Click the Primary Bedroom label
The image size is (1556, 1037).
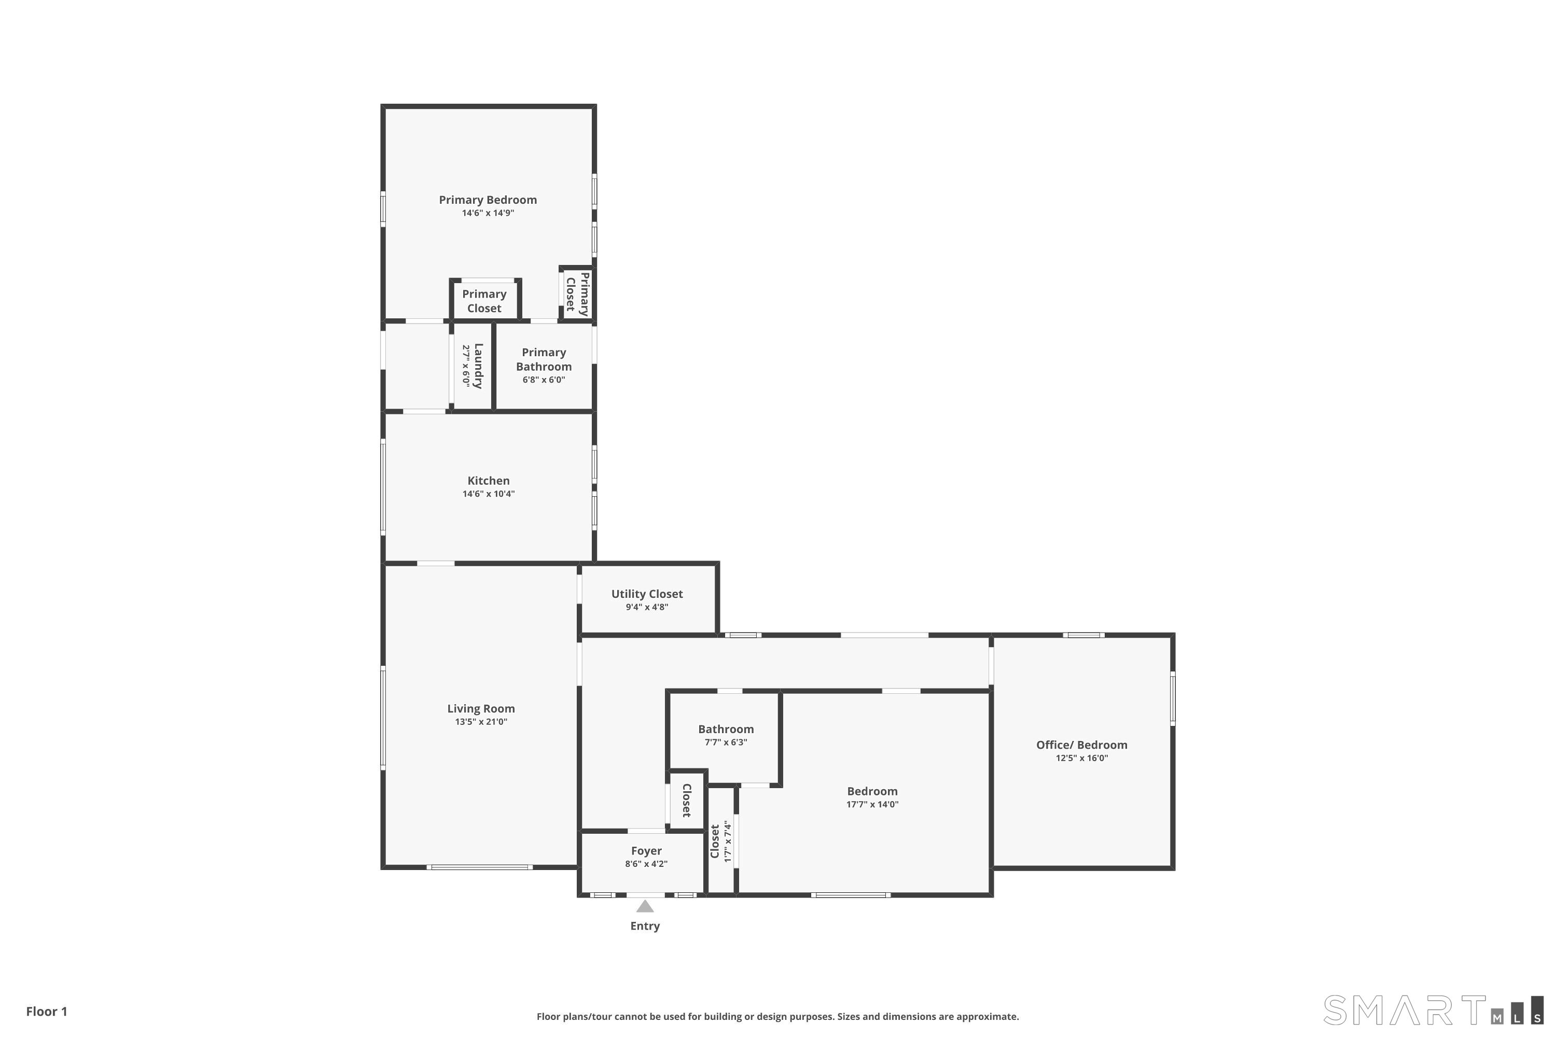(488, 200)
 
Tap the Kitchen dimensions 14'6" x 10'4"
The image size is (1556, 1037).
(488, 494)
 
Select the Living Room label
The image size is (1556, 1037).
(481, 708)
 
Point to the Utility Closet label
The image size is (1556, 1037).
(647, 594)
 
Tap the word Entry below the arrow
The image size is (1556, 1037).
(645, 926)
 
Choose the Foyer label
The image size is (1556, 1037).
(646, 851)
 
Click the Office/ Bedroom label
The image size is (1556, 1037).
(1081, 745)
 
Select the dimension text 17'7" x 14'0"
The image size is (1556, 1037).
(872, 804)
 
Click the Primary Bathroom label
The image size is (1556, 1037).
(544, 360)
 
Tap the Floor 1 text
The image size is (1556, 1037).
(47, 1011)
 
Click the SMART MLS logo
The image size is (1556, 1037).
(1433, 1011)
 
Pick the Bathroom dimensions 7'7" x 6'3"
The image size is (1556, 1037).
(726, 742)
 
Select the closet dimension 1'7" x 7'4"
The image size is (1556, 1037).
(728, 841)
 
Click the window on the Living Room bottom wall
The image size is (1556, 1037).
(480, 867)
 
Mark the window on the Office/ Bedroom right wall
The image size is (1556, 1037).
(1173, 698)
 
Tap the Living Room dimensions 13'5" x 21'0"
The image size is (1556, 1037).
(481, 722)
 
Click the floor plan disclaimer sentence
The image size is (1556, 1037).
(778, 1016)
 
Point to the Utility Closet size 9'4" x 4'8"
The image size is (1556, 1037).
(647, 607)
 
